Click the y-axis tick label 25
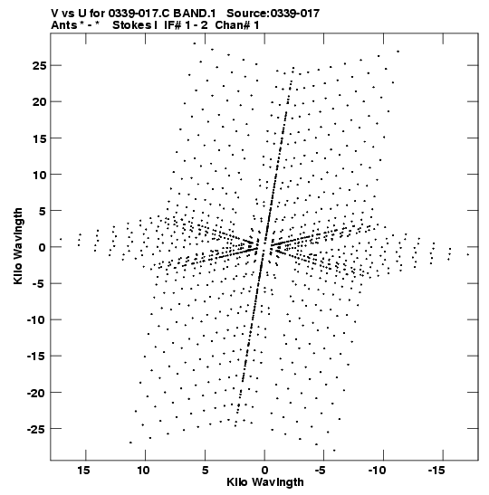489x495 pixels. [x=39, y=66]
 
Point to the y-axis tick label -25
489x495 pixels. [x=36, y=429]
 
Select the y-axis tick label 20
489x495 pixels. [x=39, y=102]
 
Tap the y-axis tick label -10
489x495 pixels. [x=36, y=319]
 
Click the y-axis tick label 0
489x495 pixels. [x=42, y=248]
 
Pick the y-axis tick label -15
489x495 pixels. [x=36, y=357]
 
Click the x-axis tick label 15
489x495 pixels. [x=83, y=471]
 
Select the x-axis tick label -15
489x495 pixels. [x=436, y=471]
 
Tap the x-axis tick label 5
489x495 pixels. [x=205, y=471]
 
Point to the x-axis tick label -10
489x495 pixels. [x=377, y=471]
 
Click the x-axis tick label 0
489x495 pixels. [x=264, y=471]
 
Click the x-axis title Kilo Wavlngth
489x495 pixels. [x=265, y=482]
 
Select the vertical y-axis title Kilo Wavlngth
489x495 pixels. [x=18, y=246]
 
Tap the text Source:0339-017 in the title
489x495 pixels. [x=273, y=14]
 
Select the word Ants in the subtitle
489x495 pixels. [x=63, y=25]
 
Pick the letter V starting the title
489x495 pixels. [x=54, y=14]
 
